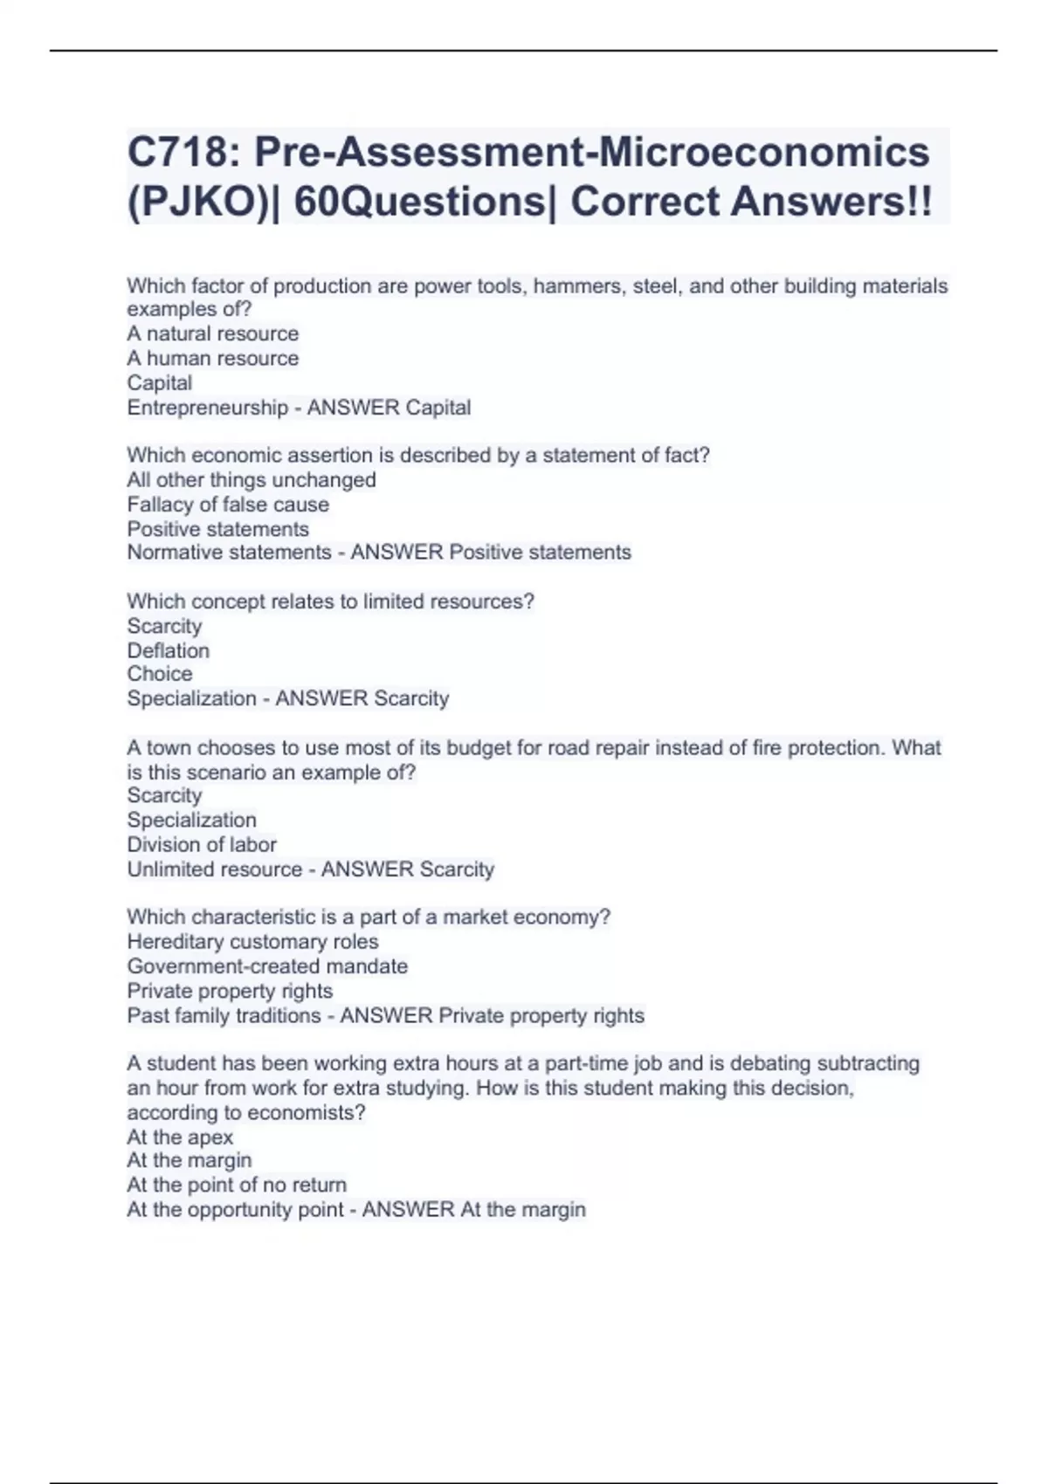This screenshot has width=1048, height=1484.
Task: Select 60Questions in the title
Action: coord(419,202)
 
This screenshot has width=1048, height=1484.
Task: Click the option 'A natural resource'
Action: coord(212,333)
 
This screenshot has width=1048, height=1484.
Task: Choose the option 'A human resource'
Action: coord(212,358)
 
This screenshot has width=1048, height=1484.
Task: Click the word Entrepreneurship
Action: coord(207,408)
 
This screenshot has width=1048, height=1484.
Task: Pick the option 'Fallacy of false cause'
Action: coord(228,505)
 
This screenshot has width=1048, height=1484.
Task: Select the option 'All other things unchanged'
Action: coord(252,480)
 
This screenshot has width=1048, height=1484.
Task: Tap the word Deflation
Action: coord(168,650)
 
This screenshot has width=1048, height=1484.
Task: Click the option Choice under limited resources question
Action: coord(160,674)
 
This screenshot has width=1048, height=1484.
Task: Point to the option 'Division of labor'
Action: coord(202,844)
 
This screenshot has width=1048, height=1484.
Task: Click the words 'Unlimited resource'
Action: coord(214,869)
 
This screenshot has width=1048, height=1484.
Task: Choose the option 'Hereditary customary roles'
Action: coord(252,942)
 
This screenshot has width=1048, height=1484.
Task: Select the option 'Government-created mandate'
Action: coord(267,966)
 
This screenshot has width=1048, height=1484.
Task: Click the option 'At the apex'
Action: coord(180,1137)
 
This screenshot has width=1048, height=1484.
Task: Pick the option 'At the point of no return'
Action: coord(237,1185)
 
